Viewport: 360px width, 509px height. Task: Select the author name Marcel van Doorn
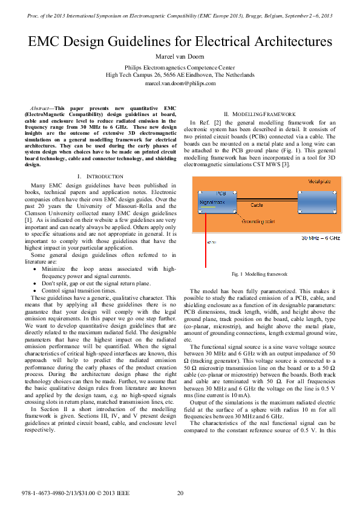(180, 56)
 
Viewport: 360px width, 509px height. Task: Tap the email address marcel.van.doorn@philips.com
(180, 83)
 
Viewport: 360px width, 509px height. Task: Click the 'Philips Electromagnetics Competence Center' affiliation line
(180, 68)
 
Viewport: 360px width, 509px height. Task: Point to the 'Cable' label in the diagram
(257, 205)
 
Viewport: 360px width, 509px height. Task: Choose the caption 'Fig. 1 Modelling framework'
(260, 274)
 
